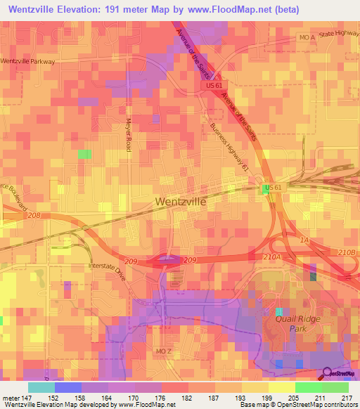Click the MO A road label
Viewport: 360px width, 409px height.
tap(306, 37)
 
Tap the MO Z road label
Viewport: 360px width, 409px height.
tap(163, 350)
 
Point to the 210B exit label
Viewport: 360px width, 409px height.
tap(347, 252)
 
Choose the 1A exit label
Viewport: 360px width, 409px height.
tap(304, 240)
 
